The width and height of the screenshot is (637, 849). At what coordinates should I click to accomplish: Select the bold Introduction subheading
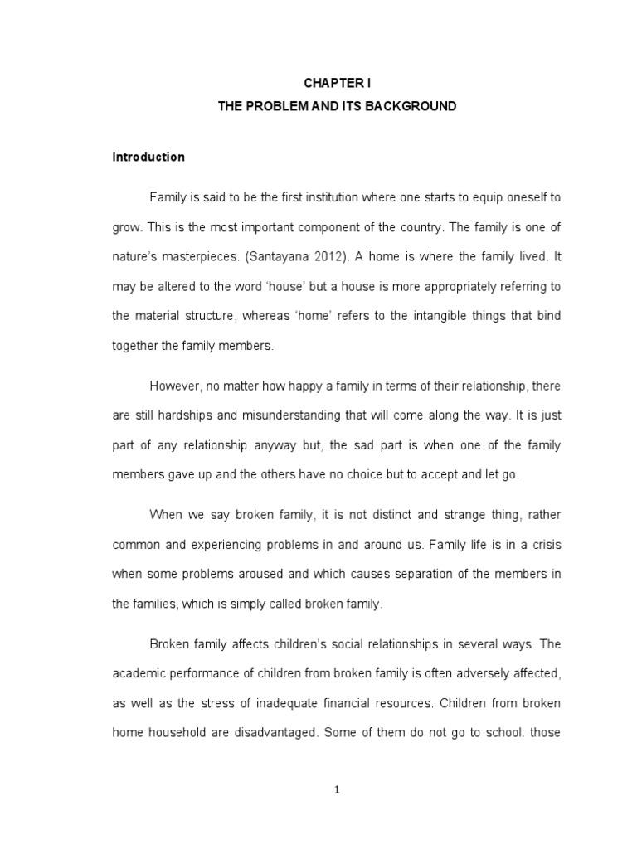click(x=148, y=157)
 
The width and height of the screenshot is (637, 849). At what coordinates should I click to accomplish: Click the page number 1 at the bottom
click(x=337, y=790)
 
